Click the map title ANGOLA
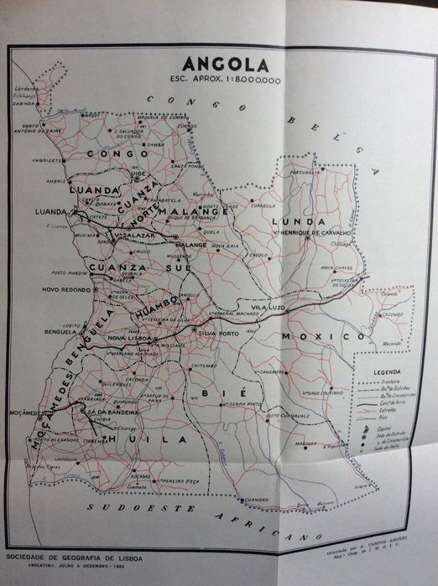(226, 65)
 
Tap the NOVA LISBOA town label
(128, 338)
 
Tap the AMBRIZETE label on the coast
(48, 160)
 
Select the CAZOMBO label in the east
(391, 315)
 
